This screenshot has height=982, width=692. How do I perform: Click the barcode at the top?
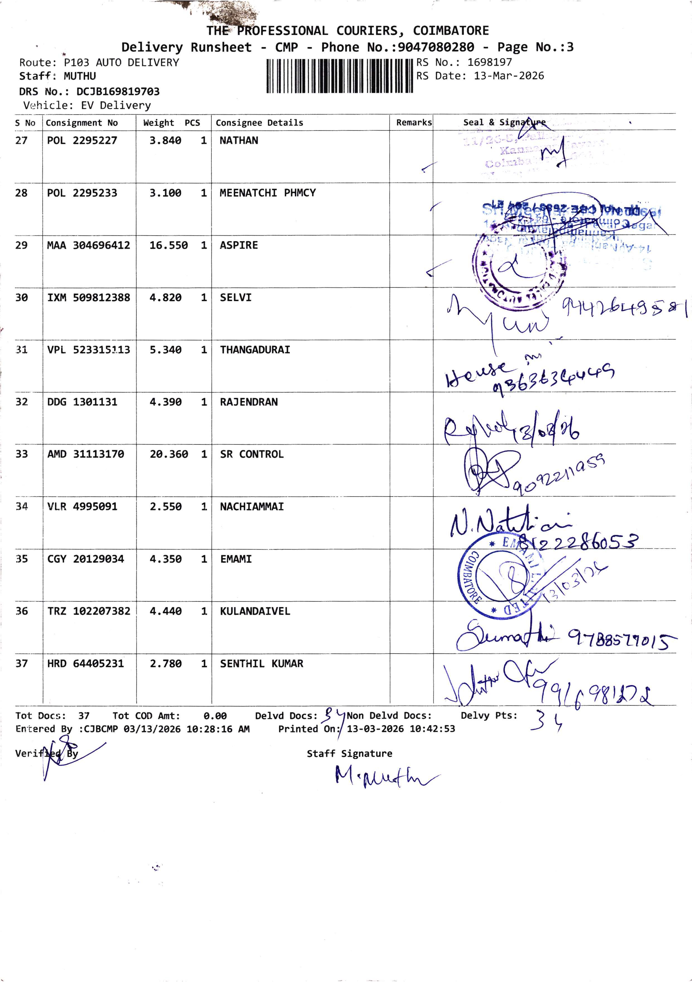[339, 76]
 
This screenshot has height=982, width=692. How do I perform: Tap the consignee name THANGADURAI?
[255, 350]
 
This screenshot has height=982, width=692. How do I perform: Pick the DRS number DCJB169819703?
[118, 91]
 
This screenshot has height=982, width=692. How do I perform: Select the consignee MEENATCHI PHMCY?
[267, 193]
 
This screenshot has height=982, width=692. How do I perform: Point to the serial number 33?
[21, 454]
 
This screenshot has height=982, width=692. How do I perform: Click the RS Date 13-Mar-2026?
[508, 76]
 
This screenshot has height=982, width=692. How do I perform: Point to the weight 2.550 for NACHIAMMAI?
[165, 507]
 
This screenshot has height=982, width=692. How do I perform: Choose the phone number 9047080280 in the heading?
[436, 47]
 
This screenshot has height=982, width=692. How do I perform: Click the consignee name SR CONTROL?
[252, 454]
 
